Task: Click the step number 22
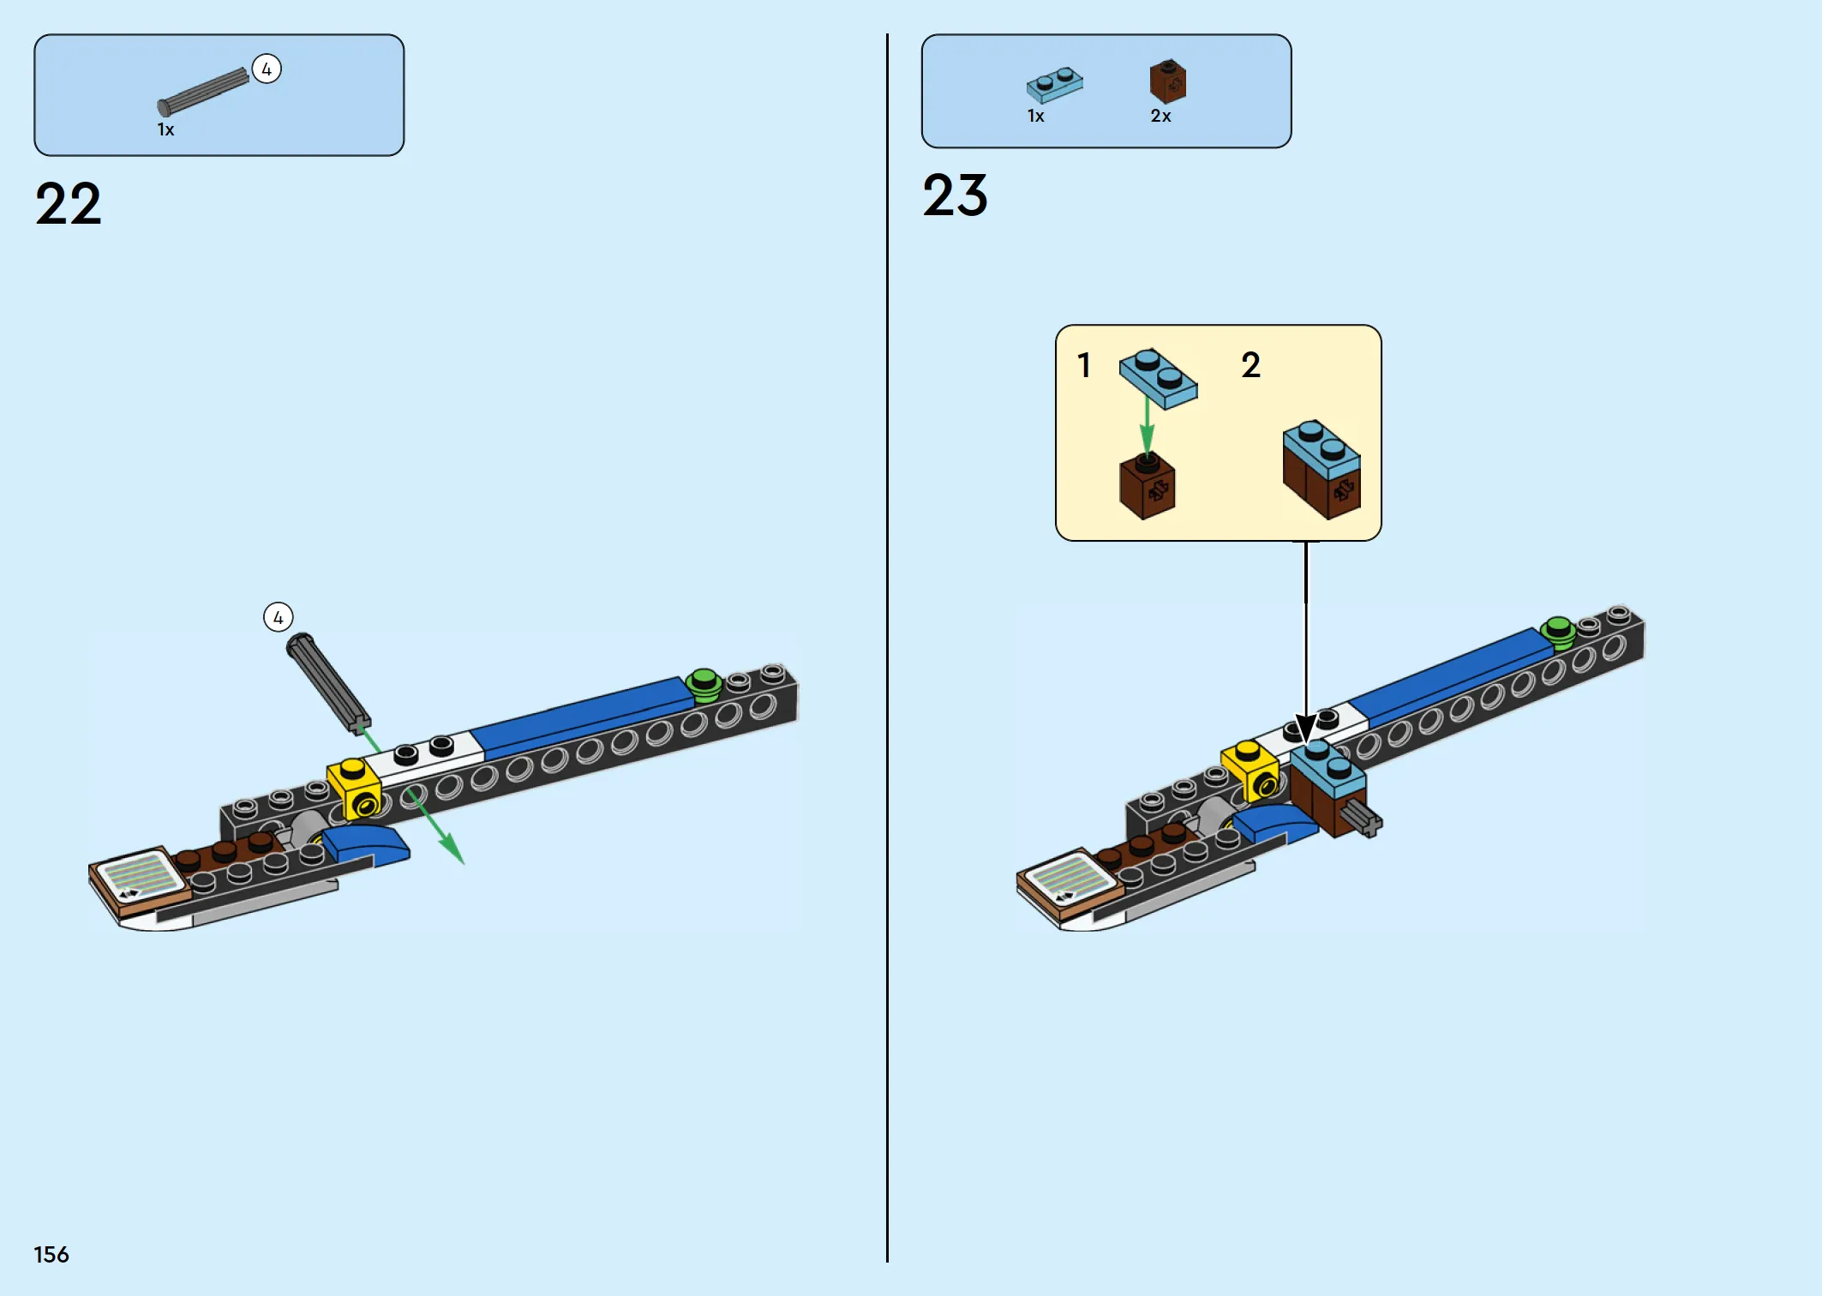pyautogui.click(x=69, y=204)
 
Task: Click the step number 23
pyautogui.click(x=956, y=195)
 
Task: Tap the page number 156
pyautogui.click(x=51, y=1255)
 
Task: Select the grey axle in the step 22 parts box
pyautogui.click(x=203, y=92)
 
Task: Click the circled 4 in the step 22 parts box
pyautogui.click(x=267, y=69)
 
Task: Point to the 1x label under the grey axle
pyautogui.click(x=165, y=129)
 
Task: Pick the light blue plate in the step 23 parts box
pyautogui.click(x=1055, y=85)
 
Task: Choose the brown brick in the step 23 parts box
pyautogui.click(x=1168, y=81)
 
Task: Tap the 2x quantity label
pyautogui.click(x=1161, y=116)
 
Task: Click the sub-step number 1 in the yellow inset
pyautogui.click(x=1084, y=365)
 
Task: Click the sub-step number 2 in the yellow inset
pyautogui.click(x=1251, y=365)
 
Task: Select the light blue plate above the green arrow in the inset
pyautogui.click(x=1159, y=378)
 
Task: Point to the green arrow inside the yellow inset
pyautogui.click(x=1148, y=426)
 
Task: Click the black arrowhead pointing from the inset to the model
pyautogui.click(x=1305, y=729)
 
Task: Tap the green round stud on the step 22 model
pyautogui.click(x=704, y=685)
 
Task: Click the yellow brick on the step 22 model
pyautogui.click(x=355, y=787)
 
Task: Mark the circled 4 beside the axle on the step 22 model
pyautogui.click(x=279, y=617)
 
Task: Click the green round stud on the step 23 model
pyautogui.click(x=1559, y=633)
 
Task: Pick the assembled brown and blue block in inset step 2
pyautogui.click(x=1322, y=469)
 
